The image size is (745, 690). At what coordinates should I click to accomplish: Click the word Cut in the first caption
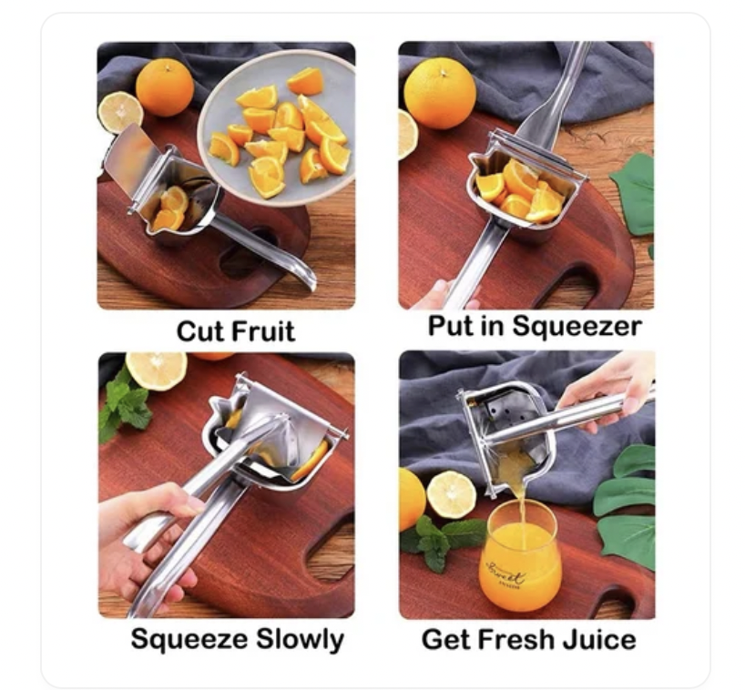click(x=198, y=330)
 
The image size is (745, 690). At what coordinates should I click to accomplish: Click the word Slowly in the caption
click(x=300, y=639)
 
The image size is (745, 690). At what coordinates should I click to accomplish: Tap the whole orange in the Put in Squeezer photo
click(x=439, y=93)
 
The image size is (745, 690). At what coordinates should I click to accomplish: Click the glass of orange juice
click(x=519, y=554)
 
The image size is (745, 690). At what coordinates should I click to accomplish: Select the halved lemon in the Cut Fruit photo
click(x=120, y=112)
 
